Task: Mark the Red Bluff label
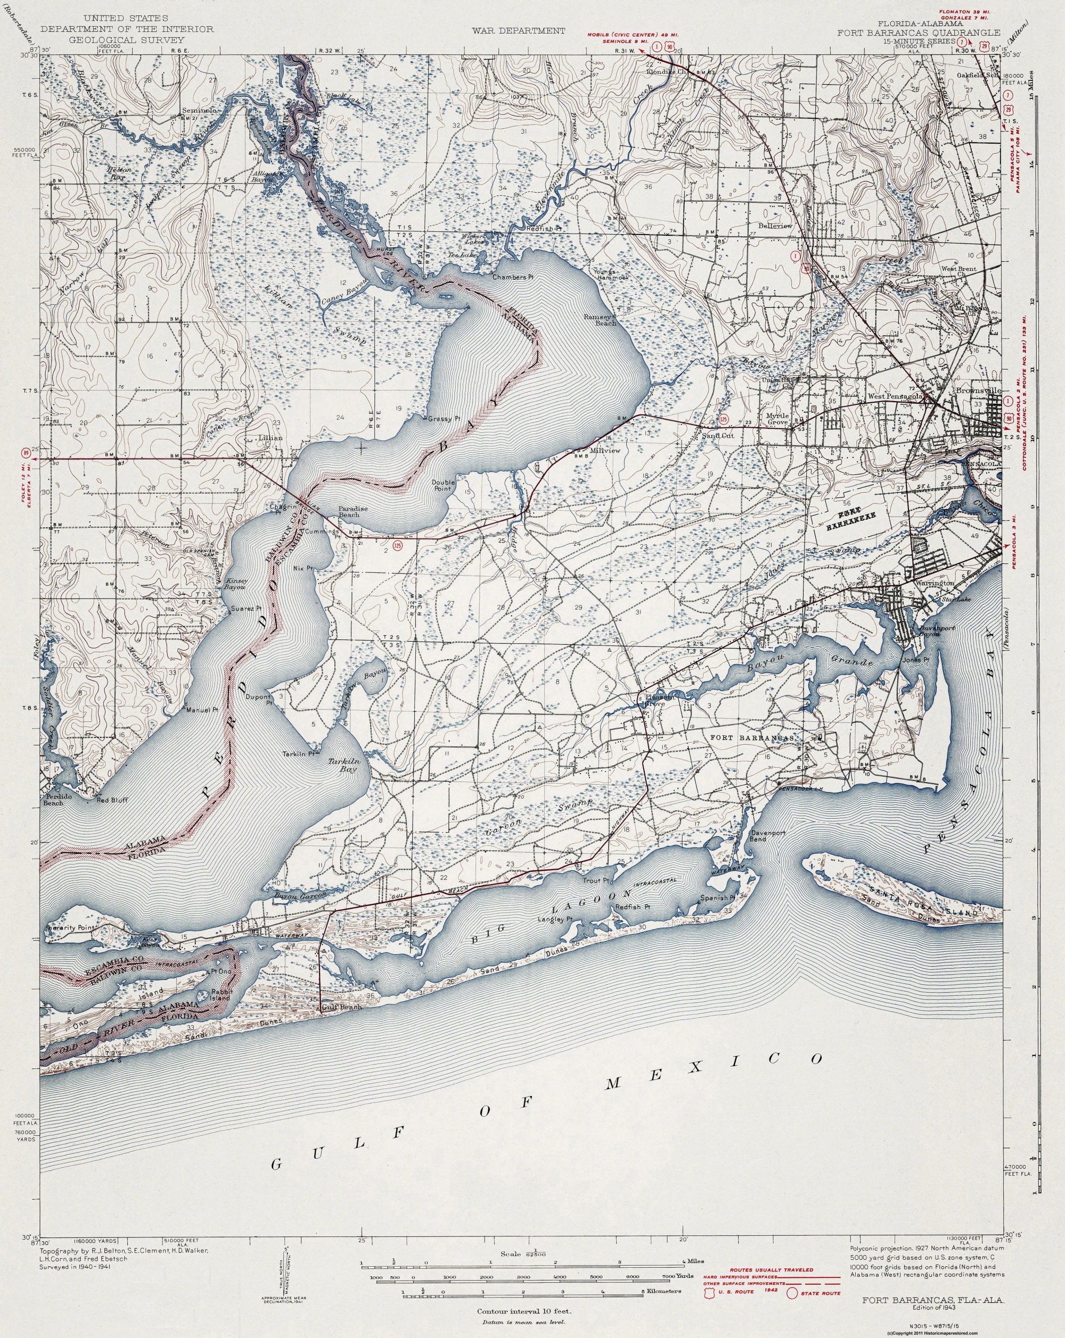click(x=112, y=801)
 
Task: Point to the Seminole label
click(x=198, y=111)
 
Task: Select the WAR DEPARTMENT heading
click(x=518, y=30)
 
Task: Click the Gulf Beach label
click(x=340, y=1007)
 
